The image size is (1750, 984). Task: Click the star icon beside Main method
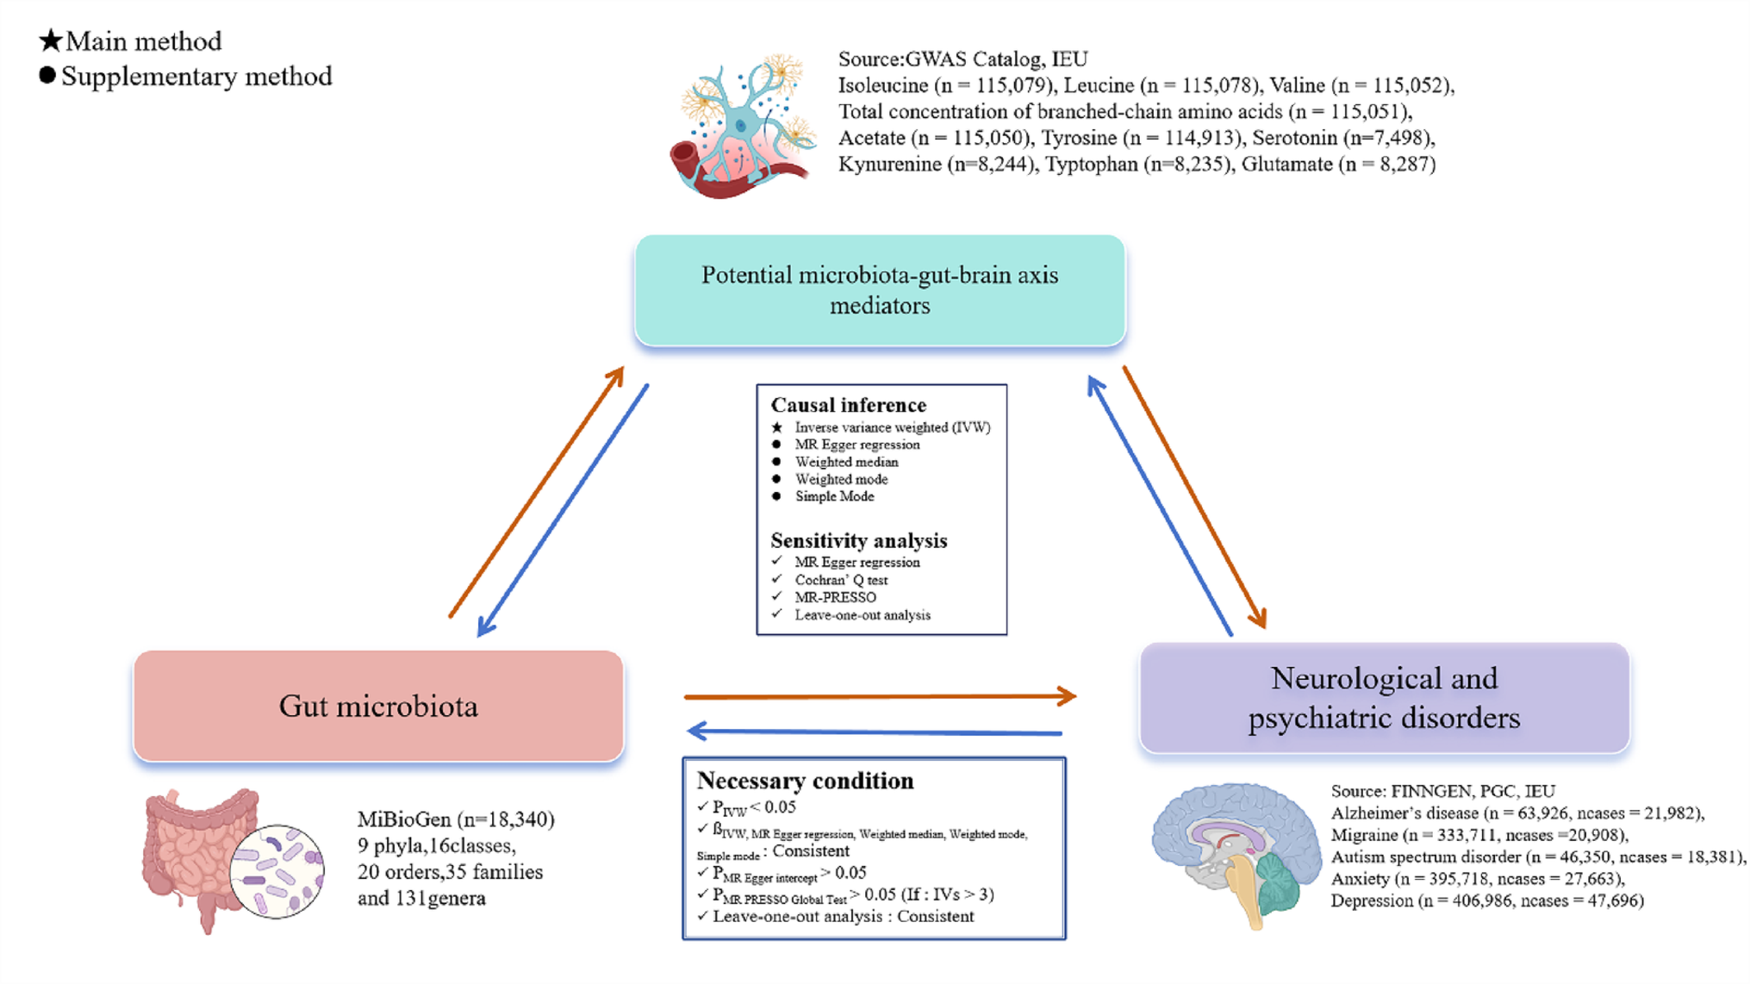click(51, 40)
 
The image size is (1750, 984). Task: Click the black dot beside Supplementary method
click(47, 76)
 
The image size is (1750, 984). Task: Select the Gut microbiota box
click(378, 706)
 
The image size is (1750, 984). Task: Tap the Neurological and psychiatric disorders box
click(1384, 698)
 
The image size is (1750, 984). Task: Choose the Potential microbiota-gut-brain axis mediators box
click(880, 290)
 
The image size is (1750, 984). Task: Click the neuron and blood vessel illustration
click(743, 127)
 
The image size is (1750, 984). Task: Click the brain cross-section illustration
click(1236, 853)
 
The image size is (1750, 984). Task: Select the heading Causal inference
click(848, 405)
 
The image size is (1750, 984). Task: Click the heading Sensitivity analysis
click(858, 540)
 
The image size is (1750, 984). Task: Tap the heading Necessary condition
click(805, 781)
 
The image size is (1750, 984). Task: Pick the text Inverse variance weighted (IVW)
click(892, 427)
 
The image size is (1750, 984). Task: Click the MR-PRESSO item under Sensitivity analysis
click(835, 597)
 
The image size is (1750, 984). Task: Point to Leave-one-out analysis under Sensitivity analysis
click(862, 615)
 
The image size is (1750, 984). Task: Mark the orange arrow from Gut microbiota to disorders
click(879, 696)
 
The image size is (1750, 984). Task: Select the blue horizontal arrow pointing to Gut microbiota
click(875, 732)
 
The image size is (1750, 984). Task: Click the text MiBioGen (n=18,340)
click(456, 819)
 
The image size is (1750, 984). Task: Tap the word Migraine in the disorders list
click(1364, 835)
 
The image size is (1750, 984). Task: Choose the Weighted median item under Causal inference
click(846, 462)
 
